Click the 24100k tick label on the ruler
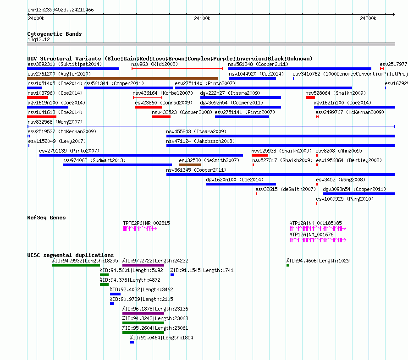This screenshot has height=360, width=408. click(202, 18)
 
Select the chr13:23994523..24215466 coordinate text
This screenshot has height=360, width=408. click(61, 10)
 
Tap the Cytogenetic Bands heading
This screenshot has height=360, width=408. click(55, 34)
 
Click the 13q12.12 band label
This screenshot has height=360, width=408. click(39, 39)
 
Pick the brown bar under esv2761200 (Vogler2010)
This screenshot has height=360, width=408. click(122, 78)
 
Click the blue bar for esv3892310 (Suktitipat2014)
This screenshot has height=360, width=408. click(73, 69)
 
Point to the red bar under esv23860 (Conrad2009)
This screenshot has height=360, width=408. click(149, 107)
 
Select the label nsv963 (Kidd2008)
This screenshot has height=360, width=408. click(154, 64)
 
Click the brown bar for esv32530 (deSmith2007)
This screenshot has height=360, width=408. click(190, 165)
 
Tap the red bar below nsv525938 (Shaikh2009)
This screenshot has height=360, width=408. click(259, 155)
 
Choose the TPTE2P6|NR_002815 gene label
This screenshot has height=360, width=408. click(147, 223)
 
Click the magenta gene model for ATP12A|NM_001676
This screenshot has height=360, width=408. click(318, 240)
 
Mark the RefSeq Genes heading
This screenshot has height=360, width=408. click(46, 218)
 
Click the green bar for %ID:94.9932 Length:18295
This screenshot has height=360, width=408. click(76, 265)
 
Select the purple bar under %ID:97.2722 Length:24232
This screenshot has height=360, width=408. click(143, 265)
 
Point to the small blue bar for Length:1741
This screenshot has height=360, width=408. click(172, 275)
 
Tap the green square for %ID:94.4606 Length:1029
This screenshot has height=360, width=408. click(288, 265)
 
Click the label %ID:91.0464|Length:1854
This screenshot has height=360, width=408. click(161, 338)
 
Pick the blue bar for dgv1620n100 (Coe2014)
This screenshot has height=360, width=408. click(241, 184)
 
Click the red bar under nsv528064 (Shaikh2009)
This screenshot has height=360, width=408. click(310, 98)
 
